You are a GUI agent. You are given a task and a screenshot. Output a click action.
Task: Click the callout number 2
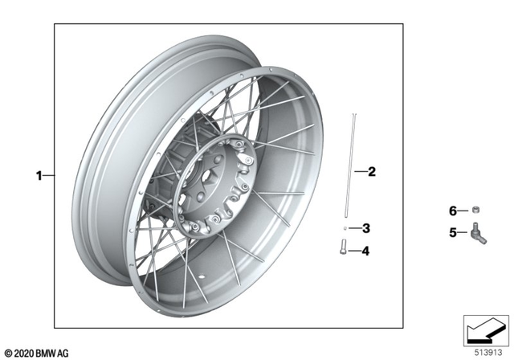coord(371,171)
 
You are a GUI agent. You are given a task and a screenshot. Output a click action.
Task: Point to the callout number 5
coord(452,233)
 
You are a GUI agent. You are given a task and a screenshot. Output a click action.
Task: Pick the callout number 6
coord(452,211)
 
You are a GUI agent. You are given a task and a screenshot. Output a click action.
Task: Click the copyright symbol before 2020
coord(8,353)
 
